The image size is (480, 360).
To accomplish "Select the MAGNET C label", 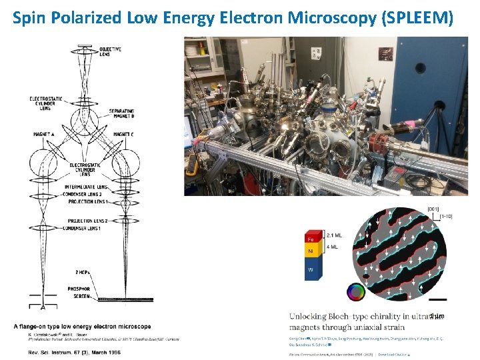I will pyautogui.click(x=125, y=135).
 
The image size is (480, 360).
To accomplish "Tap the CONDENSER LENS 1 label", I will pyautogui.click(x=88, y=229).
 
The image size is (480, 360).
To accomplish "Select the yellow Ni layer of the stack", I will pyautogui.click(x=309, y=252).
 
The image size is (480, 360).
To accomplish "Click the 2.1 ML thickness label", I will pyautogui.click(x=335, y=235).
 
